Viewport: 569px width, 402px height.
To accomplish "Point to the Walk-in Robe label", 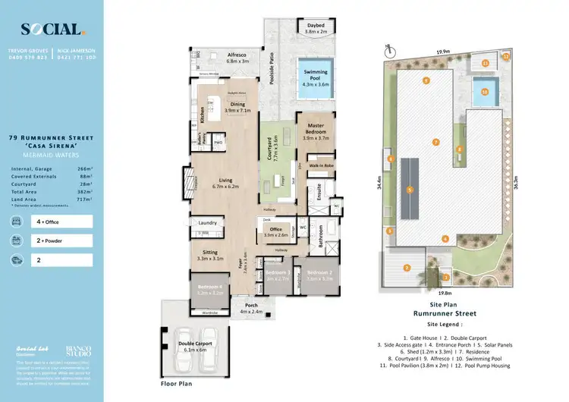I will [x=320, y=165].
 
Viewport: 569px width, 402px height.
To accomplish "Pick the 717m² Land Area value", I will [x=83, y=199].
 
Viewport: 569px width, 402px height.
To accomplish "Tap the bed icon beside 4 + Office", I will [x=17, y=221].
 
